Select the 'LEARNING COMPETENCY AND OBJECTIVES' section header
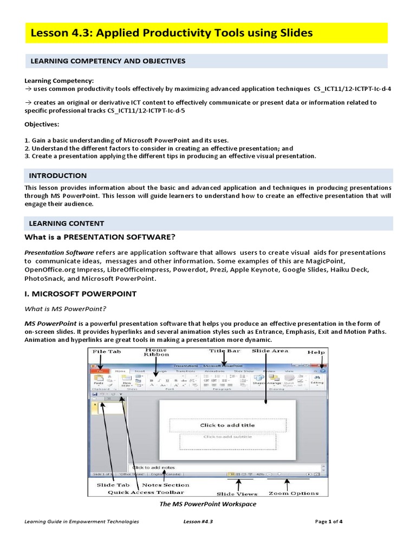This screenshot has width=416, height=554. [x=107, y=61]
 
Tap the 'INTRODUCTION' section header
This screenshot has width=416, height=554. [x=57, y=176]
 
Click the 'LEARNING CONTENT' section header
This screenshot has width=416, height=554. [x=66, y=223]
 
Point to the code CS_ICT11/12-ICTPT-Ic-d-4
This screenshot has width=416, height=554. [x=352, y=88]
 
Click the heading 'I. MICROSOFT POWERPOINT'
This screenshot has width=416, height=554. [x=80, y=294]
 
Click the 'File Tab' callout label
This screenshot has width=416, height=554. [x=106, y=352]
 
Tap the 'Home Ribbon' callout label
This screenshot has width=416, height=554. [x=156, y=353]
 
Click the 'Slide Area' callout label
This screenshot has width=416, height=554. [x=269, y=351]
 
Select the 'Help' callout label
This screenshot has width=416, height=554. [x=316, y=352]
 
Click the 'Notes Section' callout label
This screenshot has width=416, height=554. [x=166, y=485]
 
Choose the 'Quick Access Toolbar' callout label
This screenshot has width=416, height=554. [x=146, y=492]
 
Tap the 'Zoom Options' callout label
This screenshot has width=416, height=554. [x=294, y=493]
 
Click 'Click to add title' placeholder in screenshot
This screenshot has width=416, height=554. [x=227, y=425]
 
